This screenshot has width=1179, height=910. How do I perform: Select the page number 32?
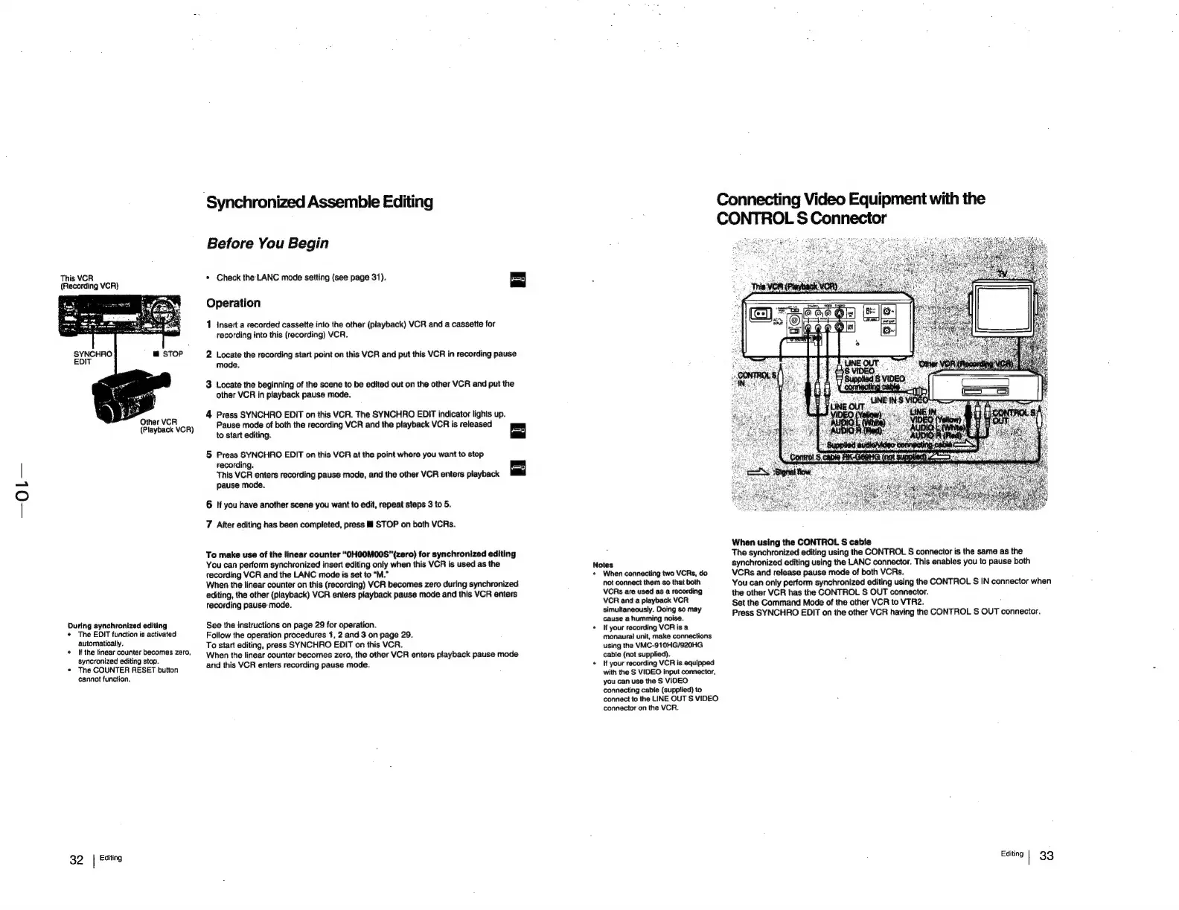point(76,860)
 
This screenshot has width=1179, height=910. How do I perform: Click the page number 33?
point(1047,856)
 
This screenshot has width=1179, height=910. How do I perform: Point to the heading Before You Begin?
point(266,243)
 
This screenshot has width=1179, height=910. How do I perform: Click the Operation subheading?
point(233,303)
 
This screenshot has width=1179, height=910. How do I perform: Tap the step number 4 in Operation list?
point(209,414)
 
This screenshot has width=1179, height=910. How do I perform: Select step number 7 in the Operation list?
point(209,525)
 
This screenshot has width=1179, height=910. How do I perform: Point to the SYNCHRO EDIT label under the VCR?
point(92,358)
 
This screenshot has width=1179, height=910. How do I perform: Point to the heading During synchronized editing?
point(117,626)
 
